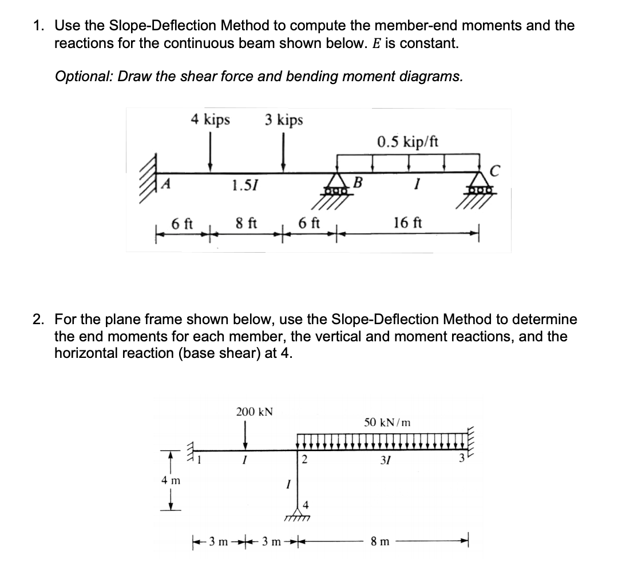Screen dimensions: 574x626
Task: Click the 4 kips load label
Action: pos(211,119)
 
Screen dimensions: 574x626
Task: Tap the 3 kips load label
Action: pos(284,119)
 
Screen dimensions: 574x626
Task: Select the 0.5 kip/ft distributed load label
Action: pos(407,141)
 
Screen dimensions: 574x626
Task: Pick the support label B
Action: pos(359,184)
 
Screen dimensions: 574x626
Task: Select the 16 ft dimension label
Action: pos(408,222)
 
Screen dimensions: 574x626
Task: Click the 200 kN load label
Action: pos(255,412)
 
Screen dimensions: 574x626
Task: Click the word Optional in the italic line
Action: pos(80,77)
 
